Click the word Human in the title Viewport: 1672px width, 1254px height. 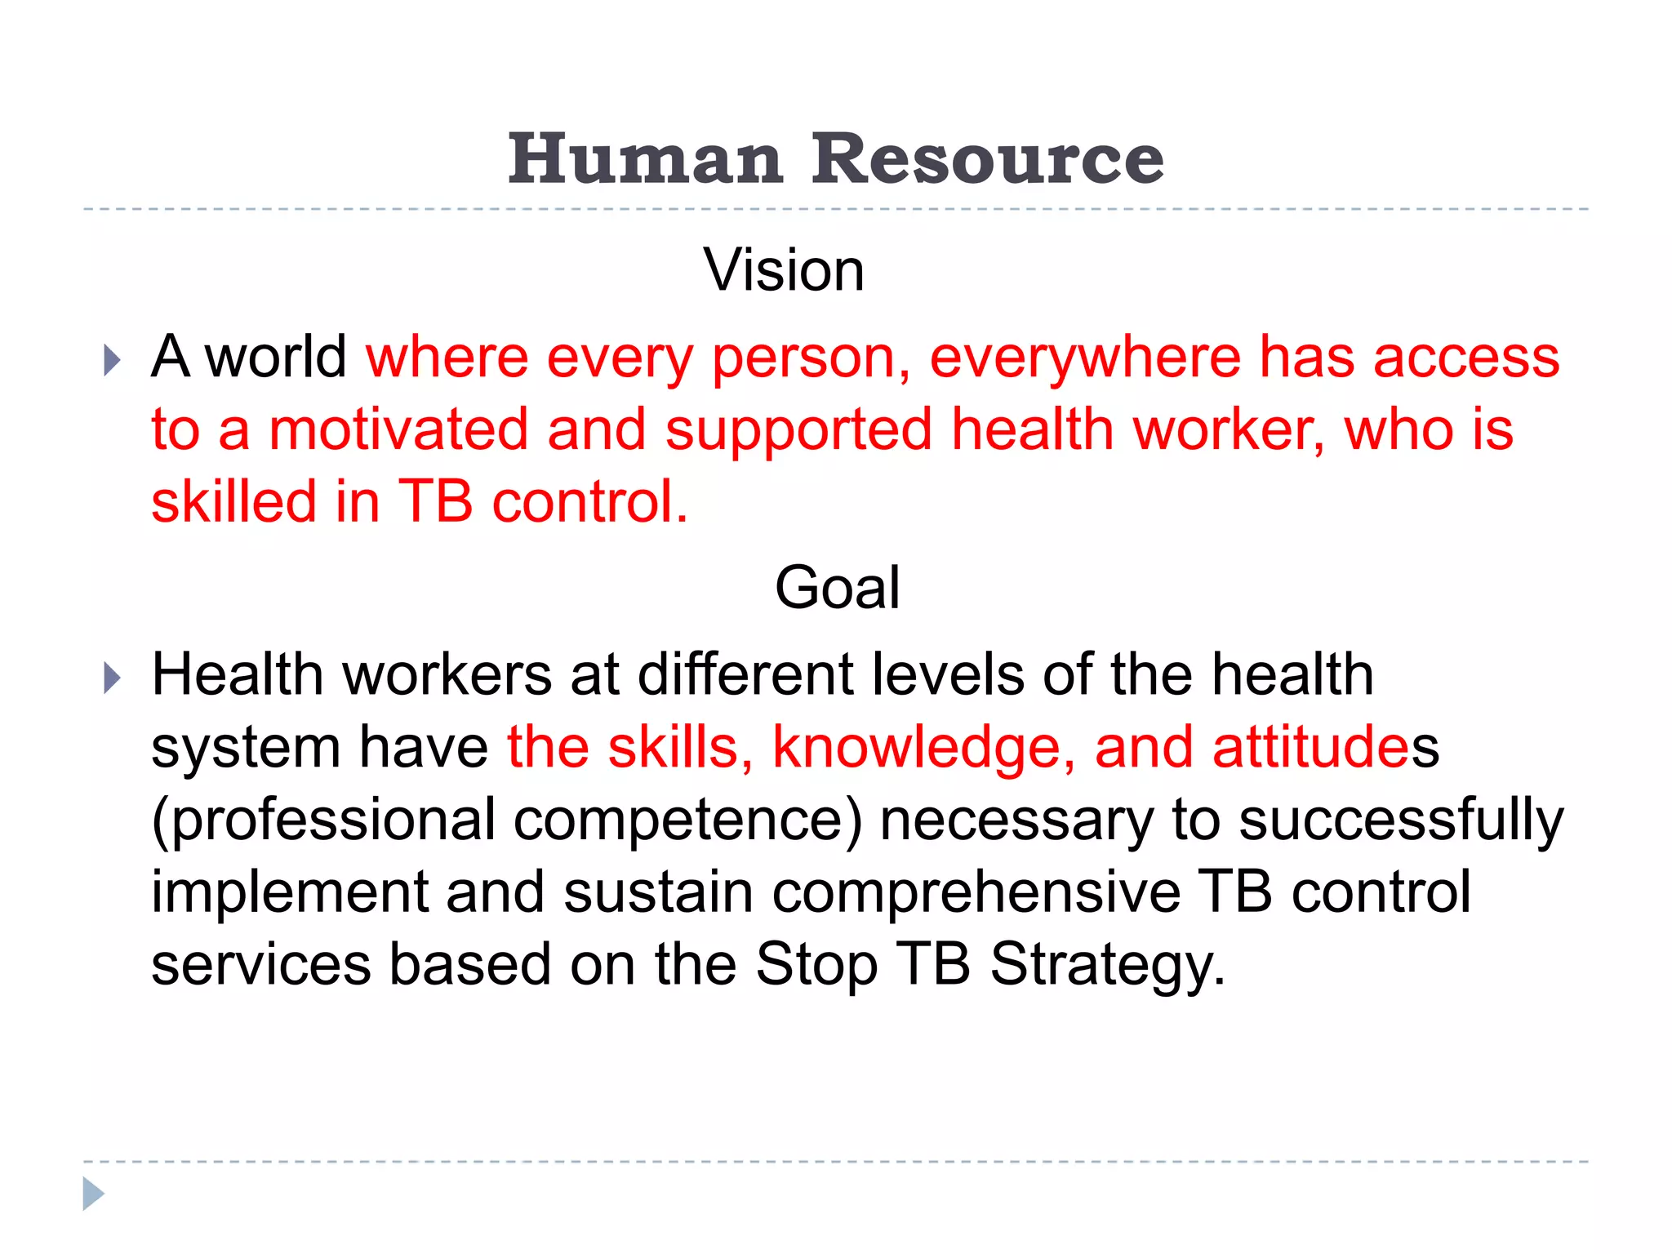click(x=645, y=159)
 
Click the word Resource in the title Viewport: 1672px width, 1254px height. click(x=987, y=159)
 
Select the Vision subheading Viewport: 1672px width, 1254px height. click(x=784, y=270)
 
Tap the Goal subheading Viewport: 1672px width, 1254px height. click(x=837, y=588)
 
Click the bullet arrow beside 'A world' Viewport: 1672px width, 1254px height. click(x=113, y=360)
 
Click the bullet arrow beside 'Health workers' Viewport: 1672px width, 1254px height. click(x=113, y=678)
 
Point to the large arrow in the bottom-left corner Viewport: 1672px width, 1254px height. click(x=93, y=1194)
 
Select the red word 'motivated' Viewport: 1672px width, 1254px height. click(x=398, y=429)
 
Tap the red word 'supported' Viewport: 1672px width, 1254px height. click(x=798, y=431)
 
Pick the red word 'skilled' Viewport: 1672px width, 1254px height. click(x=233, y=501)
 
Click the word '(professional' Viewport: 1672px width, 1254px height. click(x=323, y=820)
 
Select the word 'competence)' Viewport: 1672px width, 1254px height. click(x=687, y=820)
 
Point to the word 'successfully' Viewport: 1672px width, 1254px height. click(x=1401, y=820)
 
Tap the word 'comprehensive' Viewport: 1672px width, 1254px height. click(x=976, y=892)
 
